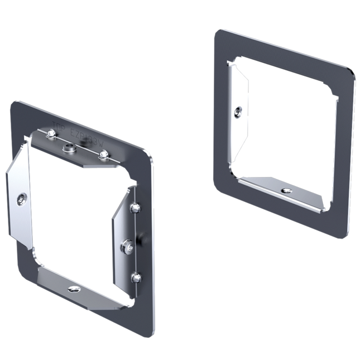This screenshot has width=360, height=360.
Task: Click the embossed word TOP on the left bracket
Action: (57, 127)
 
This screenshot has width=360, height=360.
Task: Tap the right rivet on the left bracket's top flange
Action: (103, 154)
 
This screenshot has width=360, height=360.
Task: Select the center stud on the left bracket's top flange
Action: (70, 148)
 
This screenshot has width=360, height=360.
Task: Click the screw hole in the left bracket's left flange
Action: (21, 199)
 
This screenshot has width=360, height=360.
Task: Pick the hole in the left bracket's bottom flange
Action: (74, 289)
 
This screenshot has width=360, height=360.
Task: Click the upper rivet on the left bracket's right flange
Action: (134, 208)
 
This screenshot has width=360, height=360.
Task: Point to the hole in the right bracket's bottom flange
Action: (286, 191)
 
